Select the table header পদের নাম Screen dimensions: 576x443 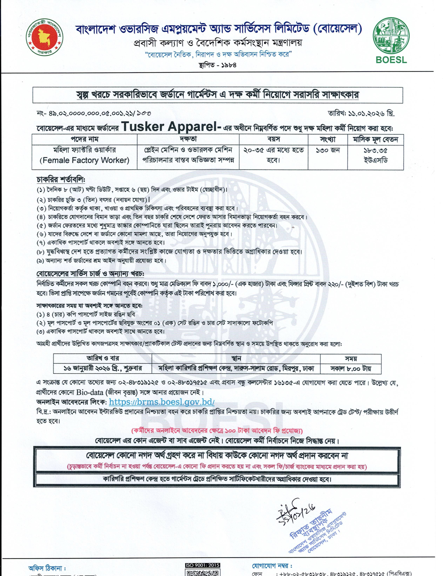84,139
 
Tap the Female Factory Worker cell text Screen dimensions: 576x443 84,160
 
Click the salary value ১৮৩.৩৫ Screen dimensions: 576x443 376,151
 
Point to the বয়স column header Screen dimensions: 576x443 273,139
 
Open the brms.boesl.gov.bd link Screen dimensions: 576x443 162,402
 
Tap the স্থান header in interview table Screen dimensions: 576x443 236,358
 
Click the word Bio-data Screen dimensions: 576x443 90,392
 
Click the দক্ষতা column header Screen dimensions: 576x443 188,139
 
